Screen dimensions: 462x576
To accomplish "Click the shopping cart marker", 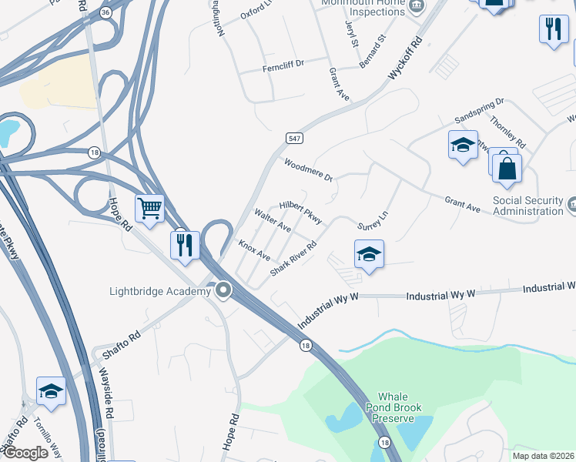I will click(149, 207).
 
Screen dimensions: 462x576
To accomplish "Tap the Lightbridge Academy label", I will click(159, 291).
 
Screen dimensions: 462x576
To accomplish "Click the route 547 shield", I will click(294, 139).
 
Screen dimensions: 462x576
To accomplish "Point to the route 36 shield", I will click(105, 12).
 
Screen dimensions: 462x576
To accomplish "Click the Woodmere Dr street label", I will click(308, 169).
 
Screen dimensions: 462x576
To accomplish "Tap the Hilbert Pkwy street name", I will click(300, 208).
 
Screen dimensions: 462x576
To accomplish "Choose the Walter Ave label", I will click(273, 221).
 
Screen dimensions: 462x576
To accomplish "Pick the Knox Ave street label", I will click(254, 249).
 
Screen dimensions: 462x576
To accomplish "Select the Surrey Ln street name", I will click(375, 222).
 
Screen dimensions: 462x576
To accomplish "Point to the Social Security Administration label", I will click(517, 206).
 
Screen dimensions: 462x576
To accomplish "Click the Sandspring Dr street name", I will click(478, 112).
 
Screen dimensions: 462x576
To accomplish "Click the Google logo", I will click(25, 453).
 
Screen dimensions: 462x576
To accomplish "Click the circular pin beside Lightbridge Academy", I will click(224, 291).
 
